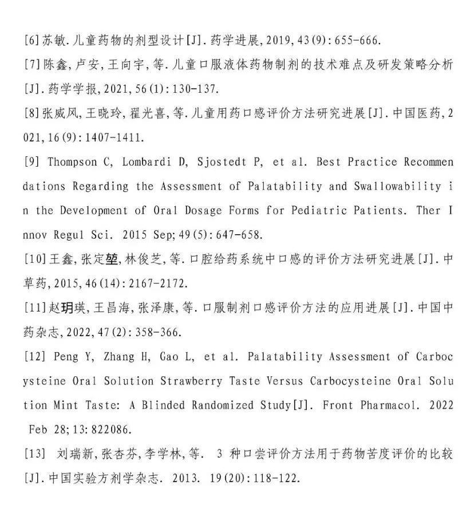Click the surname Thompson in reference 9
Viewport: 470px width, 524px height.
(x=72, y=162)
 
